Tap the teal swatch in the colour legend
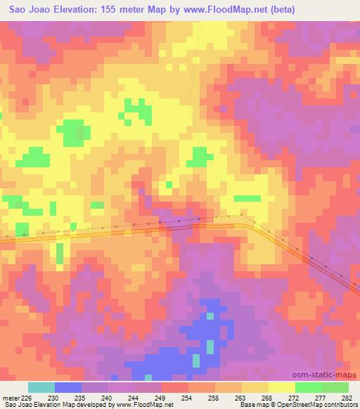(x=41, y=387)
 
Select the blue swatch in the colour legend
(x=68, y=387)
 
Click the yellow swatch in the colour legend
(x=281, y=387)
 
